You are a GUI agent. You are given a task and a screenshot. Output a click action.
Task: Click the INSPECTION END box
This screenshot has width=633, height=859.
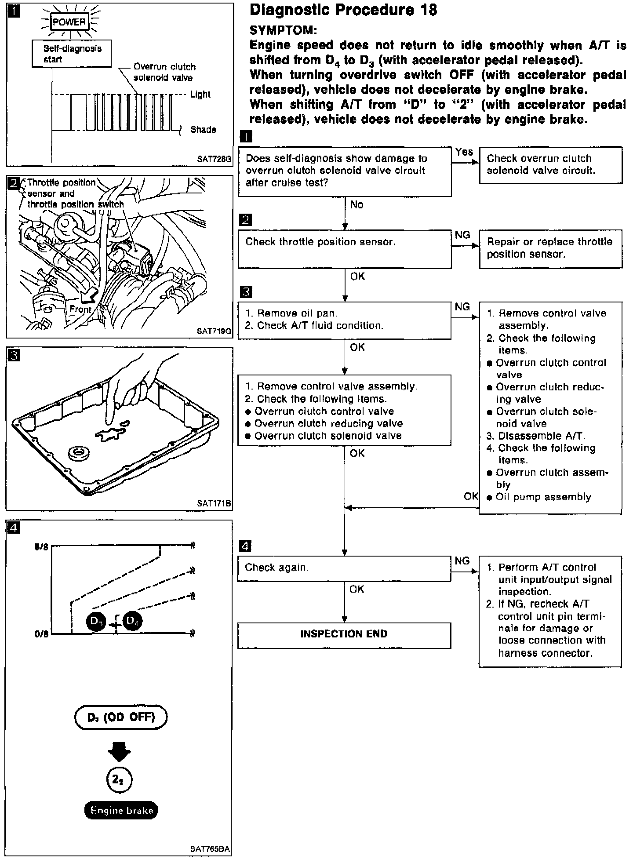(x=344, y=635)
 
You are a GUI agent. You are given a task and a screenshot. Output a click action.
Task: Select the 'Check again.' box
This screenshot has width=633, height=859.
(x=344, y=568)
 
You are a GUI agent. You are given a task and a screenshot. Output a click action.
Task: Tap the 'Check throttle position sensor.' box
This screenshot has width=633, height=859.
(x=344, y=249)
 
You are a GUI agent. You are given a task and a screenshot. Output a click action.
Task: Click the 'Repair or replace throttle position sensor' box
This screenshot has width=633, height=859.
(x=550, y=248)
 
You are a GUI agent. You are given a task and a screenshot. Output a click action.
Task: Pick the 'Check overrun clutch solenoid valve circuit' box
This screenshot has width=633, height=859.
(x=550, y=165)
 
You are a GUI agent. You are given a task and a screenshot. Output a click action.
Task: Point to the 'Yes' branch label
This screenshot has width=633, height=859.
(x=464, y=152)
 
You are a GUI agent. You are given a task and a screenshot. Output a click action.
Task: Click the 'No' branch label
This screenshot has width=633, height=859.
(x=357, y=205)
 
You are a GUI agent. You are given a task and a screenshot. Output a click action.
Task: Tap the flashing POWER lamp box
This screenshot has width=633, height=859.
(x=69, y=22)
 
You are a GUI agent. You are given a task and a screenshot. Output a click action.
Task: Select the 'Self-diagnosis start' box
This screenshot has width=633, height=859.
(x=72, y=54)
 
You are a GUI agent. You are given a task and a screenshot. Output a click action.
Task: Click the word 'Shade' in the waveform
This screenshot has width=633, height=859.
(x=203, y=130)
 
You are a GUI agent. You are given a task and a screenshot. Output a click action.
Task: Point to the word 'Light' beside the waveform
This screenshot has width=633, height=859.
(x=200, y=95)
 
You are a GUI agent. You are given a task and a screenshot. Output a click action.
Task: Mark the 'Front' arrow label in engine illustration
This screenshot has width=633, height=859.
(x=80, y=309)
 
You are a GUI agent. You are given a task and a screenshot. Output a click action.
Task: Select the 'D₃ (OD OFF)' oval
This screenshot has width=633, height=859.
(x=121, y=717)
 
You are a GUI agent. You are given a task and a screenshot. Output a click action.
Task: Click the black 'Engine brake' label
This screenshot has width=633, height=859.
(x=121, y=810)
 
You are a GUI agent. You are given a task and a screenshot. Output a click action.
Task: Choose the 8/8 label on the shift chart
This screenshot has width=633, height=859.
(x=41, y=547)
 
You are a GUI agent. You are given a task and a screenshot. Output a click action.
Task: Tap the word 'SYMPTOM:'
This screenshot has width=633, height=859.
(x=283, y=30)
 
